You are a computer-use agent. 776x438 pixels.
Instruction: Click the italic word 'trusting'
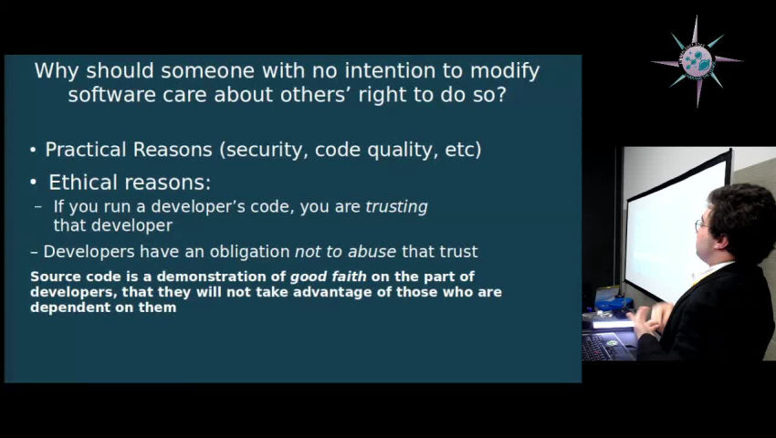[x=396, y=207]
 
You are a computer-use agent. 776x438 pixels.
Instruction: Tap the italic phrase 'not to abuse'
[x=346, y=252]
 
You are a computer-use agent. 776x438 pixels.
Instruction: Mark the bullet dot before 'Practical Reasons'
[x=34, y=151]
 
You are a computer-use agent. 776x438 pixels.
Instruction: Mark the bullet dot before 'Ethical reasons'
[x=35, y=182]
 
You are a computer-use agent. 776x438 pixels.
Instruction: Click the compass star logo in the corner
[x=697, y=61]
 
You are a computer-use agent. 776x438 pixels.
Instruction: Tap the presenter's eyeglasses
[x=700, y=224]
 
